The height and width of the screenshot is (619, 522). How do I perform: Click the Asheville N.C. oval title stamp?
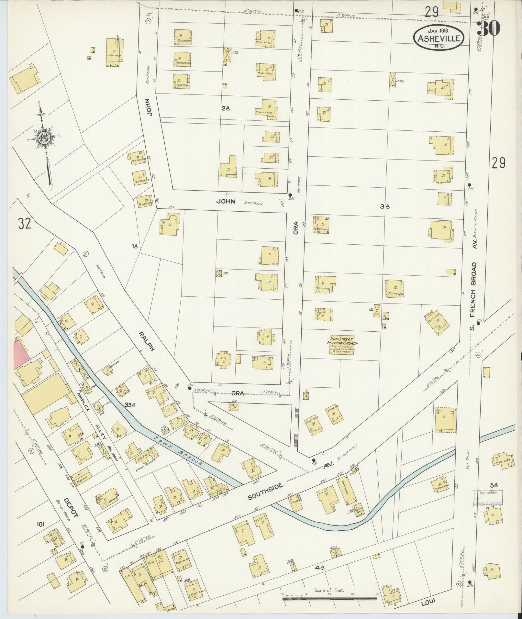pos(439,38)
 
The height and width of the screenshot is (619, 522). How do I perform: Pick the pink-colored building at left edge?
pos(20,355)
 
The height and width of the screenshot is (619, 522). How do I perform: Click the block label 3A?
pos(385,206)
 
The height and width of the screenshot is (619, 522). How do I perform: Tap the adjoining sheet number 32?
pos(25,224)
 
